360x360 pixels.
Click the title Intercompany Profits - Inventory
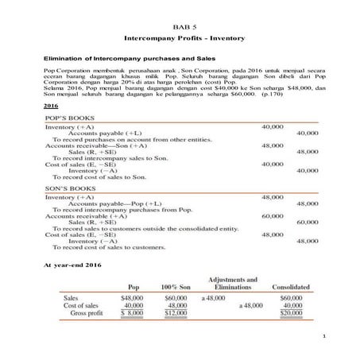180,38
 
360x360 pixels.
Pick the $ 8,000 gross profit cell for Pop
132,313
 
